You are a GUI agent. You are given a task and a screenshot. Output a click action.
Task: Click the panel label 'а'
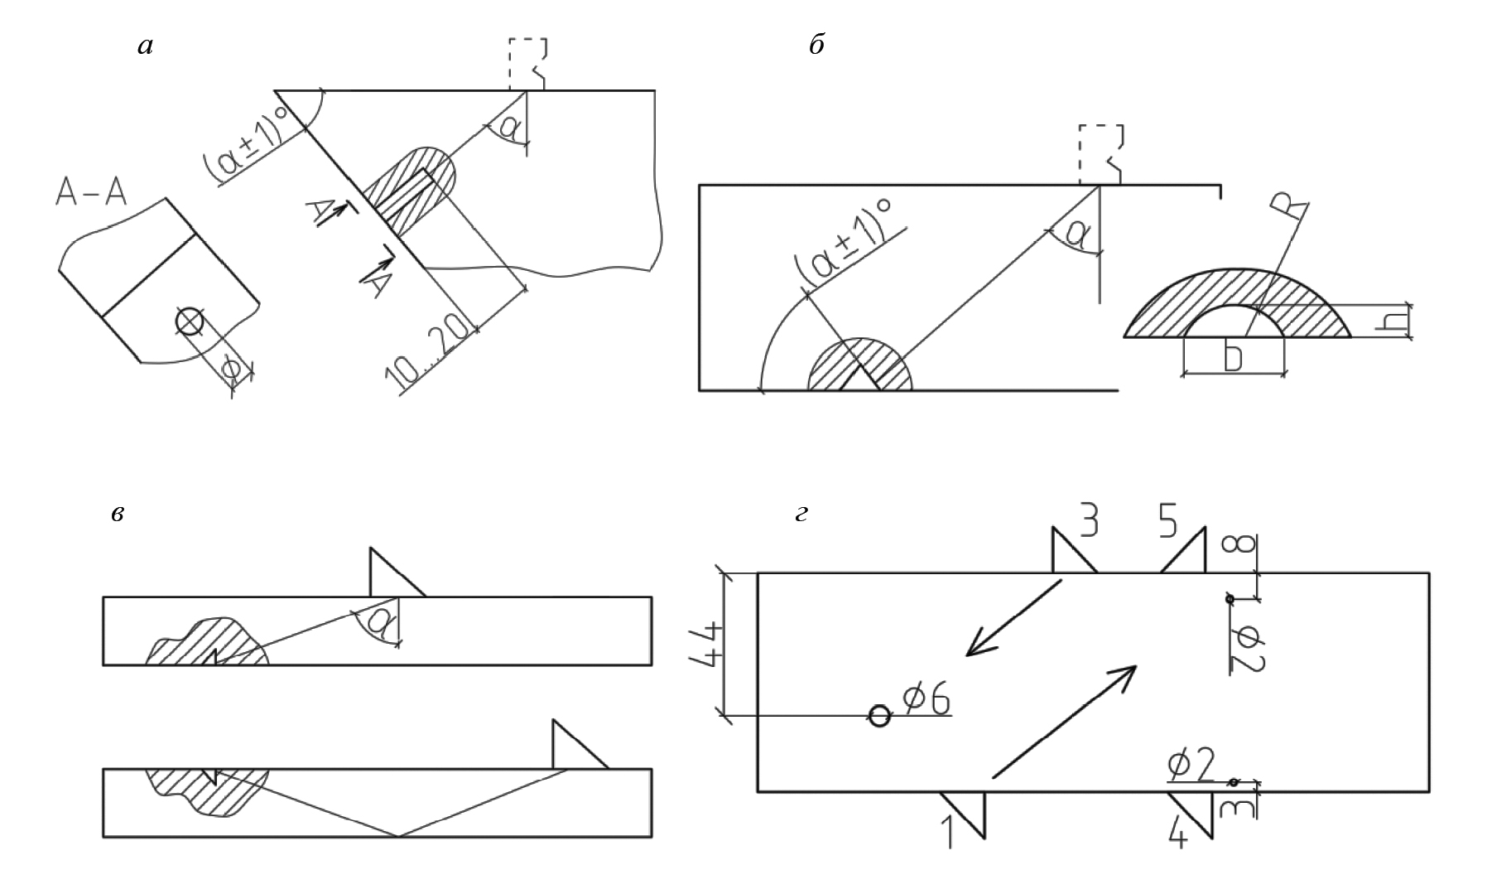[146, 47]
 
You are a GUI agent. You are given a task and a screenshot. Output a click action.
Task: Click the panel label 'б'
[816, 46]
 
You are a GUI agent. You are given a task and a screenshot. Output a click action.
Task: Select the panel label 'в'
[118, 515]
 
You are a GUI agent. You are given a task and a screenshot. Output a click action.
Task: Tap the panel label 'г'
[801, 515]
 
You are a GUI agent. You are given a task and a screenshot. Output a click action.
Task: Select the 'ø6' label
[925, 700]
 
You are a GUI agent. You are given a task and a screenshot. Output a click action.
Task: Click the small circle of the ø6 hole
[879, 715]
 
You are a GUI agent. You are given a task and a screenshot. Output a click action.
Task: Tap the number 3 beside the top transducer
[1089, 521]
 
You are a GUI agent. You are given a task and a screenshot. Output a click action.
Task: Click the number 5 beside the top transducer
[1168, 521]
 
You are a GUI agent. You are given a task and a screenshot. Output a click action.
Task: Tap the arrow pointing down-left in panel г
[1012, 618]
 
